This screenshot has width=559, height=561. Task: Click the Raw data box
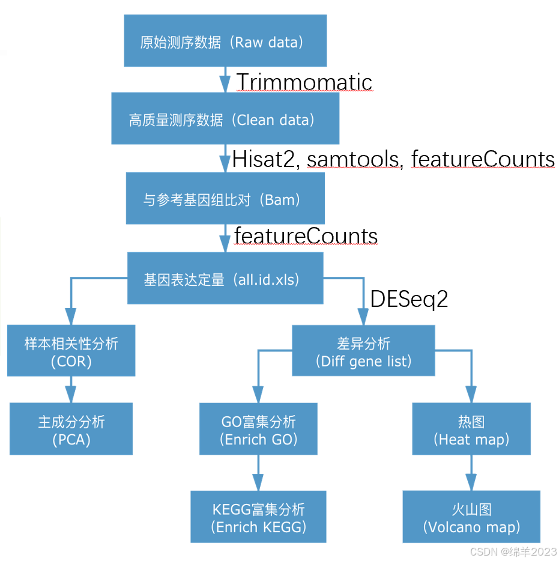tap(225, 41)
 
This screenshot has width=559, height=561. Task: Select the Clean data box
tap(225, 118)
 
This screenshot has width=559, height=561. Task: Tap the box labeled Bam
tap(225, 198)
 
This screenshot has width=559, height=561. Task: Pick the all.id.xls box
tap(225, 278)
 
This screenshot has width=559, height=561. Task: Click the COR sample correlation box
tap(71, 351)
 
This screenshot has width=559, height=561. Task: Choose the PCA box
tap(71, 429)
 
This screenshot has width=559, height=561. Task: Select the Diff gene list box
tap(364, 351)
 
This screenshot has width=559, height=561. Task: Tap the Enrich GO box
tap(259, 429)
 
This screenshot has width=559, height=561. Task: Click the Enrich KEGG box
tap(259, 517)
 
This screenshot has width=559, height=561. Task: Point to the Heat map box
tap(471, 429)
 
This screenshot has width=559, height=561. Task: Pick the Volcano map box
tap(471, 517)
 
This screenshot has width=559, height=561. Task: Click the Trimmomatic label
tap(304, 81)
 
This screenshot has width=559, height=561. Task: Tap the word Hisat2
tap(265, 158)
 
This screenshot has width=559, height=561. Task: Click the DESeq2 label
tap(409, 299)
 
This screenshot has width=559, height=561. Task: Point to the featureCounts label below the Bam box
tap(306, 235)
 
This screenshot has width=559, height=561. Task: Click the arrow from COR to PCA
tap(71, 389)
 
